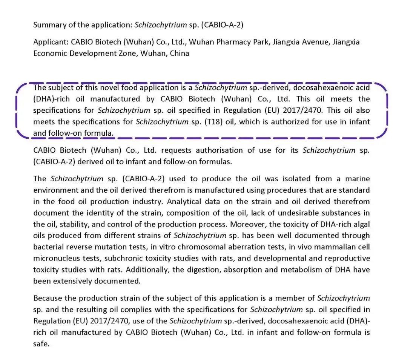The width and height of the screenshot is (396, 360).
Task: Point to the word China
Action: point(180,53)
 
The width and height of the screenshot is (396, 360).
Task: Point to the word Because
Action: point(48,298)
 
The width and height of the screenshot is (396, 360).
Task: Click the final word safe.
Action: point(41,344)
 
